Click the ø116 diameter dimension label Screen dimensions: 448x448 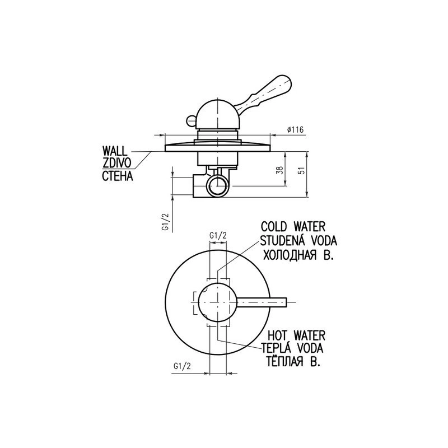(296, 130)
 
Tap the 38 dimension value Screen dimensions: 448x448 (281, 170)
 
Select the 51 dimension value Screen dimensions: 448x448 (302, 170)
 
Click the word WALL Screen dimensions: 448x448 (115, 151)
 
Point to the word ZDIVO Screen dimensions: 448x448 (117, 163)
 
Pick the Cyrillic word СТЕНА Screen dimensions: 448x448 (118, 176)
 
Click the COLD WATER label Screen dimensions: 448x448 (293, 227)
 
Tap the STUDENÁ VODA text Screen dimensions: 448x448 (298, 241)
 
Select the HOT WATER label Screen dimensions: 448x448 (297, 335)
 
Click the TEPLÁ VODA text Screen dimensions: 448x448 (293, 348)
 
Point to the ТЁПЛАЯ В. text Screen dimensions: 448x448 (293, 361)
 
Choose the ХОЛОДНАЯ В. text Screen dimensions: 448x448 (298, 255)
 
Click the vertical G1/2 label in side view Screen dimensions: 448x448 (166, 222)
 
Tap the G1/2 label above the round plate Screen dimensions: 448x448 (218, 235)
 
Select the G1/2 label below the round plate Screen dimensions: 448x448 (182, 366)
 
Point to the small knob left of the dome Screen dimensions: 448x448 (191, 120)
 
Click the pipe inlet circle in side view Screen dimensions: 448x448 (218, 186)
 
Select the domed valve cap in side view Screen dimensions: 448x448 (218, 114)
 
